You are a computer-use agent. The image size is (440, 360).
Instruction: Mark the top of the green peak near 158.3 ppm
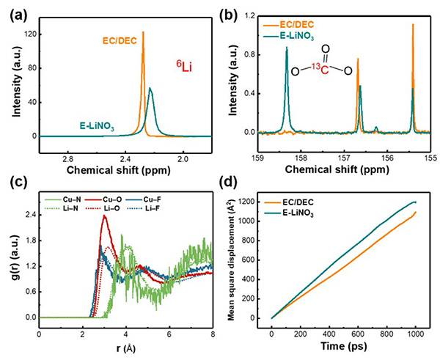[x=287, y=48]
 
